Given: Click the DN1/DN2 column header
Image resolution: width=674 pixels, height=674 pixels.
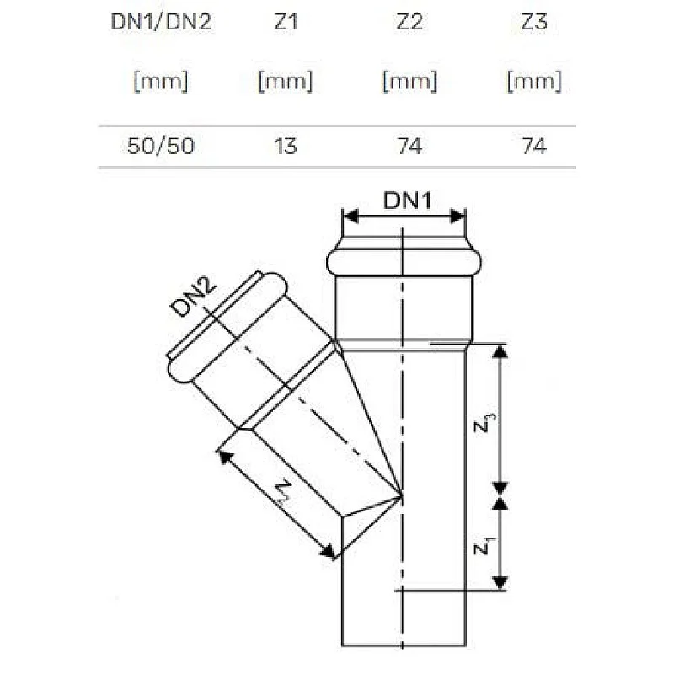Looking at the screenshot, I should click(x=161, y=23).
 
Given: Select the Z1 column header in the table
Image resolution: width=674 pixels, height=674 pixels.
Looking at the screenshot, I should click(x=286, y=23).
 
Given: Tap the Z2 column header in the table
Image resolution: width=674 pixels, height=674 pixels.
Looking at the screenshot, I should click(x=409, y=23).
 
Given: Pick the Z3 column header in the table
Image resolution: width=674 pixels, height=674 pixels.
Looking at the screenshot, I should click(x=534, y=23).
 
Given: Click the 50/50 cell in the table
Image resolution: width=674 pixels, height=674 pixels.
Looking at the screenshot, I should click(x=161, y=147).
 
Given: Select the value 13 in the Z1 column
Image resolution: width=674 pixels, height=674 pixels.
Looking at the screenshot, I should click(x=286, y=147).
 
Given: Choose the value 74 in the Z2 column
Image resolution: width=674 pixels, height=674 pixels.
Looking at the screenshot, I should click(x=409, y=147).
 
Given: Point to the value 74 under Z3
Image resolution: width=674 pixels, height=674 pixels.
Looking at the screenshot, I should click(x=534, y=147).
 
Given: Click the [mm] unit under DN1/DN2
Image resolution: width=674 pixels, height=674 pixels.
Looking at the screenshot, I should click(x=161, y=82).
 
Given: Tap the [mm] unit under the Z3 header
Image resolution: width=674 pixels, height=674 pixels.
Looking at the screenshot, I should click(x=534, y=82).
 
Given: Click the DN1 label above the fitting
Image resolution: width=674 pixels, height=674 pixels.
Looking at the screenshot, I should click(x=407, y=201).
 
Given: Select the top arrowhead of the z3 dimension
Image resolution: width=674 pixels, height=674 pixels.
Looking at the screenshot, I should click(x=500, y=351).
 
